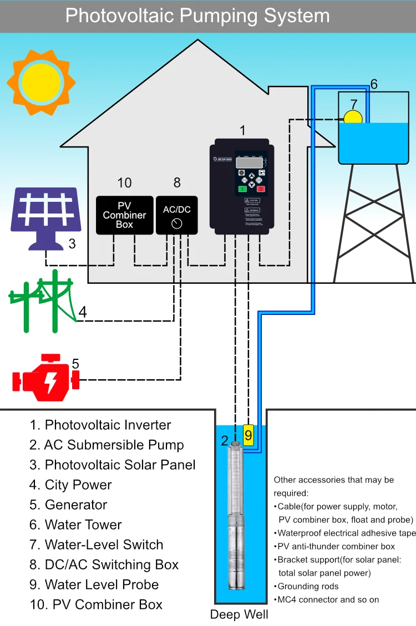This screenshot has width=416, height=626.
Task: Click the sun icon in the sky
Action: tap(41, 82)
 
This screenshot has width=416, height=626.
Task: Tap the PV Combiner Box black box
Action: tap(124, 215)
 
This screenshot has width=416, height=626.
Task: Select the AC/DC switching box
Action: tap(176, 215)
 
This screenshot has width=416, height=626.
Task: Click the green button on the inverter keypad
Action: tap(243, 189)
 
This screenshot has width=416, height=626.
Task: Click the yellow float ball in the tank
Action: tap(353, 117)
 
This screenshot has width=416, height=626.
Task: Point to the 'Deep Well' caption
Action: tap(239, 614)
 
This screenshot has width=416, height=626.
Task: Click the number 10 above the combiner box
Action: tap(124, 183)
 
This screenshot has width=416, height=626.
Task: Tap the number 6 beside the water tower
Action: tap(374, 84)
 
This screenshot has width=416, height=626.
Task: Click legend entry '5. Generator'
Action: tap(68, 505)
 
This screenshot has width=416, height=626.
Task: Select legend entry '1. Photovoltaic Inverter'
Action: tap(100, 425)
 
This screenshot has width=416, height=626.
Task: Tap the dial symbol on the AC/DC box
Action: tap(176, 223)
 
